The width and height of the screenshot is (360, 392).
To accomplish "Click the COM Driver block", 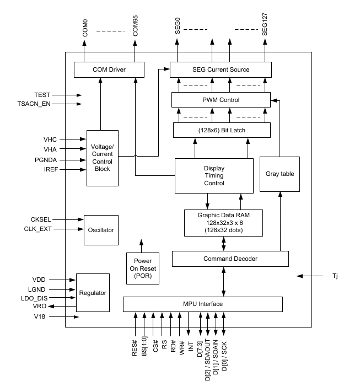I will (109, 70).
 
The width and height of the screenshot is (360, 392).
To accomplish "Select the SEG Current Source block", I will (221, 70).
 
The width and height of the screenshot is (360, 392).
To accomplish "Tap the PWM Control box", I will (221, 100).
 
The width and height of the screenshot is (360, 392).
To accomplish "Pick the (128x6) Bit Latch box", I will (222, 130).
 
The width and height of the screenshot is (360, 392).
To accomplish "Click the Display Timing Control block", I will (214, 176).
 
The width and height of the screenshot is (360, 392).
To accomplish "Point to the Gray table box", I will (280, 174).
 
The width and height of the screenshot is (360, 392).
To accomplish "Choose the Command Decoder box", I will (230, 259).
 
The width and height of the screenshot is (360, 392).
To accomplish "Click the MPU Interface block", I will (202, 304).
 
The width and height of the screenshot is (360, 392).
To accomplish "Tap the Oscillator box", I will (101, 230).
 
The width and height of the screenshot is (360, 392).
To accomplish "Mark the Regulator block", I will (93, 293).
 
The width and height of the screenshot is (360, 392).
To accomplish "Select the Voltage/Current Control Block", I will (103, 158).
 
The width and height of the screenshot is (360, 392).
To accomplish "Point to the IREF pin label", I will (41, 170).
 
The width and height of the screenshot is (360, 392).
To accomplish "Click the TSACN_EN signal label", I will (34, 104).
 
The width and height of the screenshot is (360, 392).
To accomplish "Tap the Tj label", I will (334, 275).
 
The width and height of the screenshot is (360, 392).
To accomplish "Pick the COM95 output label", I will (136, 29).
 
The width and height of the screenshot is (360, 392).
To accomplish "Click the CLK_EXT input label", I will (37, 228).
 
